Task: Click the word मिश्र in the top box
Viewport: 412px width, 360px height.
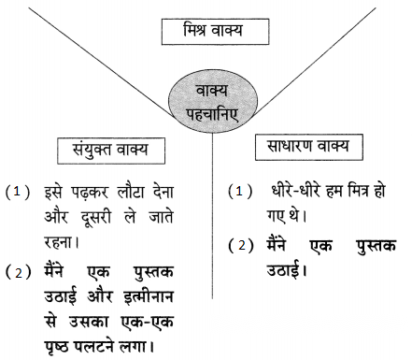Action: [195, 29]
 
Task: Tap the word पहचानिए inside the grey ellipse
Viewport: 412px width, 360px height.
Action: [212, 115]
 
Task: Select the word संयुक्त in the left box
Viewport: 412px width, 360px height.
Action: [92, 150]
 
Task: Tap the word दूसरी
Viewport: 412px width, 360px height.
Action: [95, 217]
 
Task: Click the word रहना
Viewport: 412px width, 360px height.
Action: [59, 241]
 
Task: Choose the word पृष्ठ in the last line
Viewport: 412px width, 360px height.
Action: [56, 347]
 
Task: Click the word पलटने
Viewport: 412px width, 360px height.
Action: [93, 345]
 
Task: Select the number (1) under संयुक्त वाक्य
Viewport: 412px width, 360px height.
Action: [18, 192]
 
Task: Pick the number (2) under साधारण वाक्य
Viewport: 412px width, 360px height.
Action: [241, 246]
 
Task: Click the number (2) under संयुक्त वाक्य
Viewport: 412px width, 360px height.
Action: [19, 272]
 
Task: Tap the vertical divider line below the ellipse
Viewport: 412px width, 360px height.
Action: [213, 216]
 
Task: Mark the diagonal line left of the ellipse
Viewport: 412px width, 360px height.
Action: [103, 63]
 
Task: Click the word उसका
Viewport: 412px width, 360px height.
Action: [89, 322]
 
